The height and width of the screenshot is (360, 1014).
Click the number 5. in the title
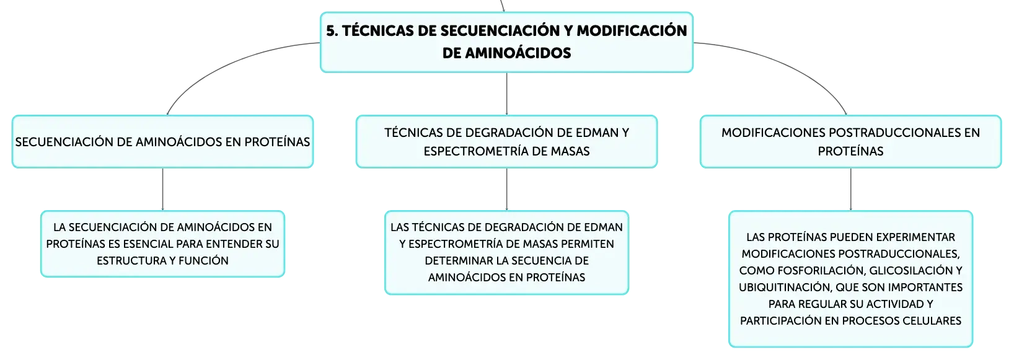(332, 31)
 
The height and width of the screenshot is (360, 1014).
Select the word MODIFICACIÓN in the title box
(632, 30)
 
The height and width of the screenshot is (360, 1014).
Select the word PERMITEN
(587, 244)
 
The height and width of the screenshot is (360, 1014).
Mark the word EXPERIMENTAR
(914, 237)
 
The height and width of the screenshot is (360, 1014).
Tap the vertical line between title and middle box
(506, 94)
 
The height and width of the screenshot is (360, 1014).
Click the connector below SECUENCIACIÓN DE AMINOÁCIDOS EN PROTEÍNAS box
(162, 189)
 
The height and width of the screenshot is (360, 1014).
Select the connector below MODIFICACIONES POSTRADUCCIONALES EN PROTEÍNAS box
(850, 189)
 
